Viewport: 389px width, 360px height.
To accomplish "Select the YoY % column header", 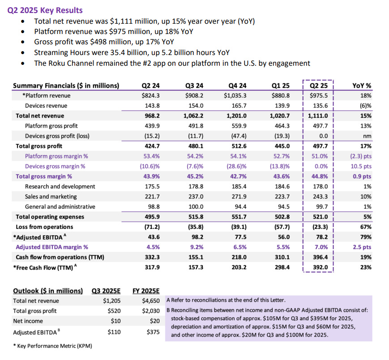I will click(364, 85).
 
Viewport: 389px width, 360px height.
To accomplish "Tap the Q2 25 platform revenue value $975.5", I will click(319, 95).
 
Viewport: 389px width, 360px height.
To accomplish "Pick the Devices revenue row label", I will click(46, 106).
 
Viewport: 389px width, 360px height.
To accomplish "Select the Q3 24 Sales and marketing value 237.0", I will click(197, 196).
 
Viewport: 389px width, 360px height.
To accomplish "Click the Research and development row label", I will click(60, 186).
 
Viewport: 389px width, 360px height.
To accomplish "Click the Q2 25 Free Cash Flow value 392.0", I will click(319, 267).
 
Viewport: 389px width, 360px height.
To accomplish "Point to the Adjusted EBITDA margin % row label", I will click(52, 247).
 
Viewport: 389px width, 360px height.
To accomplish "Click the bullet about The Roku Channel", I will click(172, 63).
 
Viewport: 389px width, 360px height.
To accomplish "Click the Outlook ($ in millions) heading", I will click(48, 291).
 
